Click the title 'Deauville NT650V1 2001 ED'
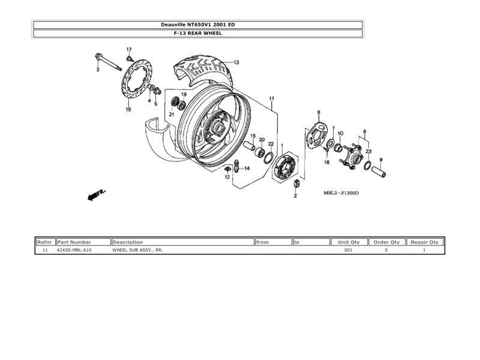(197, 25)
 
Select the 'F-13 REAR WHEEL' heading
(197, 34)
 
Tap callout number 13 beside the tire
(236, 62)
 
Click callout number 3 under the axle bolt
(98, 70)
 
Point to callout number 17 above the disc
(128, 49)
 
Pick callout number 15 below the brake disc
(128, 110)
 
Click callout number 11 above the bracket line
(271, 98)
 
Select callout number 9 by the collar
(380, 160)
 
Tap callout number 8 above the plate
(319, 112)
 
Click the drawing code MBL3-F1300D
(341, 193)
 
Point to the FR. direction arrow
(96, 195)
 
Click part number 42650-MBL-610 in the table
(74, 250)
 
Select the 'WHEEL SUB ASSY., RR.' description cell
(137, 250)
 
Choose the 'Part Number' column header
(74, 242)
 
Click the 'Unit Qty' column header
(349, 242)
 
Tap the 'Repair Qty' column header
(424, 242)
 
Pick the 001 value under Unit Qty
(348, 250)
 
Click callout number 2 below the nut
(295, 196)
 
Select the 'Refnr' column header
(45, 242)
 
